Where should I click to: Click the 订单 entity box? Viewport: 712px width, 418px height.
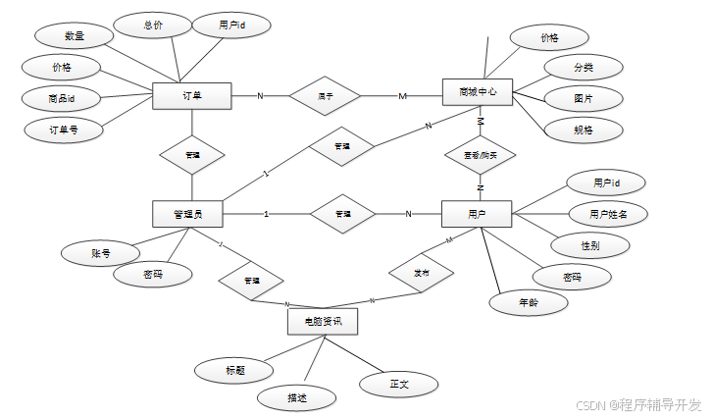pos(191,96)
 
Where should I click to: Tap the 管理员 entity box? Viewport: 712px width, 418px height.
pos(187,213)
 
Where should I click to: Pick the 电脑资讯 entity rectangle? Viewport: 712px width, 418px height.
pos(322,321)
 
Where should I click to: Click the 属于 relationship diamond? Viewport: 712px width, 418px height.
pos(325,96)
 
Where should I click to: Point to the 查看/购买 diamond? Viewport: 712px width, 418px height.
pos(480,154)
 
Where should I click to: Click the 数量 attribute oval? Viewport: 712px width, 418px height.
pos(74,36)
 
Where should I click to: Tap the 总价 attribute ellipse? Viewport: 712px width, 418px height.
pos(153,25)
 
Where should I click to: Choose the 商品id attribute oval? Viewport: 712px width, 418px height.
pos(61,98)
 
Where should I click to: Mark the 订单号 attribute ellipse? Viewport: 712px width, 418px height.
pos(63,129)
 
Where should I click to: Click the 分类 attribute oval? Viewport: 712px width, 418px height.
pos(583,68)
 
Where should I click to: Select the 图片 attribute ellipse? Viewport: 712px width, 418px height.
pos(583,98)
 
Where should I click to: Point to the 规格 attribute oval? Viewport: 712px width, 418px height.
pos(583,129)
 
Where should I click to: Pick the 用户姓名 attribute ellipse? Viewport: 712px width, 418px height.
pos(608,213)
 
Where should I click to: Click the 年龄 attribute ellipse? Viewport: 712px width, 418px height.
pos(528,303)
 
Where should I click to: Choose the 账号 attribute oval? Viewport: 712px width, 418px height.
pos(100,253)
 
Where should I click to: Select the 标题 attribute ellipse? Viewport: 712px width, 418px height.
pos(234,370)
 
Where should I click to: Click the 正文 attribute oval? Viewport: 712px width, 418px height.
pos(398,384)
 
